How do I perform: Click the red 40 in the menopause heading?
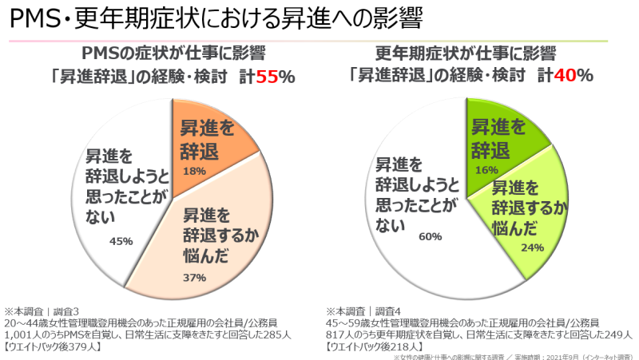point(566,77)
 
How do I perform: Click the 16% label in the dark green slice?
point(483,170)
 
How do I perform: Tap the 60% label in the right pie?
point(430,236)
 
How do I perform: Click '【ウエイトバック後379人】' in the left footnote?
point(61,346)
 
